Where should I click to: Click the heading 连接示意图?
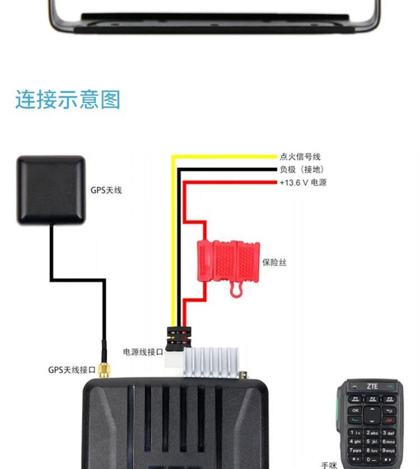tap(68, 99)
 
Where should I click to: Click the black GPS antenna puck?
tap(51, 190)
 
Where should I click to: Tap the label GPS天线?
tap(106, 190)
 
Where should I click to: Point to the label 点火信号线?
tap(300, 157)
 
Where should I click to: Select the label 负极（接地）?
tap(302, 170)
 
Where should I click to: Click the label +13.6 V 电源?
tap(303, 182)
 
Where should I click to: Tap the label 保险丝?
tap(274, 262)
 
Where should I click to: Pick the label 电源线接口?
tap(143, 351)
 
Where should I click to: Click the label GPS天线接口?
tap(72, 370)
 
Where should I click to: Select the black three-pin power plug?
tap(179, 338)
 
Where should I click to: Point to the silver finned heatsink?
tap(211, 362)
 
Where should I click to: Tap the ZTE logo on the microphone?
tap(372, 386)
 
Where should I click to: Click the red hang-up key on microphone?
tap(389, 420)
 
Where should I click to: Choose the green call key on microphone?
tap(355, 420)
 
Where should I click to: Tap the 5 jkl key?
tap(372, 441)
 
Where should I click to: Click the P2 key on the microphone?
tap(372, 399)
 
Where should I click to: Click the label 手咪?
tap(329, 465)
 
